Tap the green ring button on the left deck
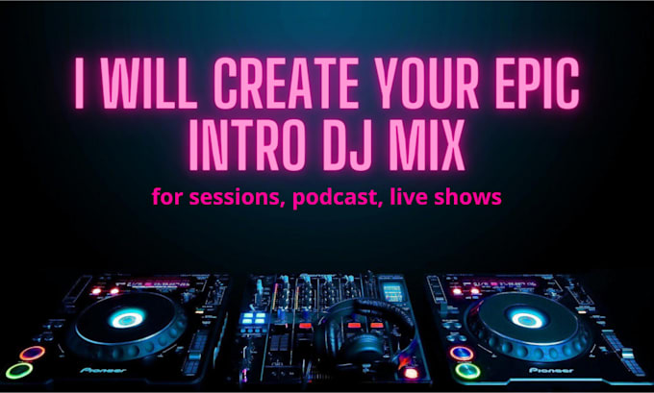tap(18, 370)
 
